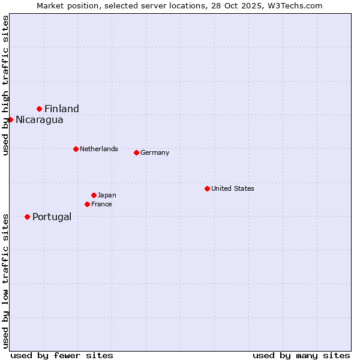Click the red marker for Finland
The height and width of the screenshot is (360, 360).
click(40, 109)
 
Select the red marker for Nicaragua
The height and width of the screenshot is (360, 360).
click(10, 119)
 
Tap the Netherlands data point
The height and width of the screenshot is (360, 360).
click(76, 149)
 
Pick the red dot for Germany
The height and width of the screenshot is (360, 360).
click(136, 152)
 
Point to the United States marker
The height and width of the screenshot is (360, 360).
click(207, 188)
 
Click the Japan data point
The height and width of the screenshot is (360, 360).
click(94, 195)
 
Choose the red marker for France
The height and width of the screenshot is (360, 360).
click(87, 204)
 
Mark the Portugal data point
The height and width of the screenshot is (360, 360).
click(27, 217)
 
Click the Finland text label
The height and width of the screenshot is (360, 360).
click(62, 109)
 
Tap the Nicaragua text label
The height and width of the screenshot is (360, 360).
click(40, 119)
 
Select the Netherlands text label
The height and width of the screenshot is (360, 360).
click(99, 149)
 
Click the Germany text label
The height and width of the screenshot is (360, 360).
click(155, 152)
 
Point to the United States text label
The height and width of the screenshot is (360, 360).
click(233, 188)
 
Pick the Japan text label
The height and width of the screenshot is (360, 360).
click(107, 195)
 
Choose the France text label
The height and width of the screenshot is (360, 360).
click(101, 204)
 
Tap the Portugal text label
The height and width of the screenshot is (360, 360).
click(52, 217)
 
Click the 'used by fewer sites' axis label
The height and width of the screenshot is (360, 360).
click(62, 355)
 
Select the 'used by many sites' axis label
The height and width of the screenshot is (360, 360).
click(301, 355)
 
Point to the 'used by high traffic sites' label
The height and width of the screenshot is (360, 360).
click(5, 85)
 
